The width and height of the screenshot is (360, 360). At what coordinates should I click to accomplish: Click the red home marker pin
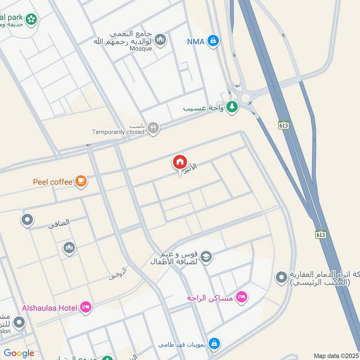point(180,162)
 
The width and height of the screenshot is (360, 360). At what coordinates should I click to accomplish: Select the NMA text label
point(196,42)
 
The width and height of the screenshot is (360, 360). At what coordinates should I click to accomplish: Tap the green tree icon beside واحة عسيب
point(232,108)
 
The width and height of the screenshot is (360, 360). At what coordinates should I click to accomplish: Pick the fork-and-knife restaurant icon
point(153,128)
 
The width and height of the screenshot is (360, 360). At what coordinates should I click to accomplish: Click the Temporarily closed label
point(118,132)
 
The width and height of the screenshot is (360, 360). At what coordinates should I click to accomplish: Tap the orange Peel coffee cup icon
point(81,181)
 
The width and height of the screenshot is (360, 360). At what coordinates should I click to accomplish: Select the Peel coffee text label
point(53,182)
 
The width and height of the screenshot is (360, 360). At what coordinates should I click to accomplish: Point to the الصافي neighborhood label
point(60,222)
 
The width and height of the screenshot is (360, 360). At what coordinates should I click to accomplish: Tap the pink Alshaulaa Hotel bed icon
point(85,307)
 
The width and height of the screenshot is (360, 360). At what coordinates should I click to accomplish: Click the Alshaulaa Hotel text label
point(49,308)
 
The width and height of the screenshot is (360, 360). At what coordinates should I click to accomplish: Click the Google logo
point(19,353)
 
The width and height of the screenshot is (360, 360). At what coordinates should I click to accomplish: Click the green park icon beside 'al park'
point(31,18)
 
